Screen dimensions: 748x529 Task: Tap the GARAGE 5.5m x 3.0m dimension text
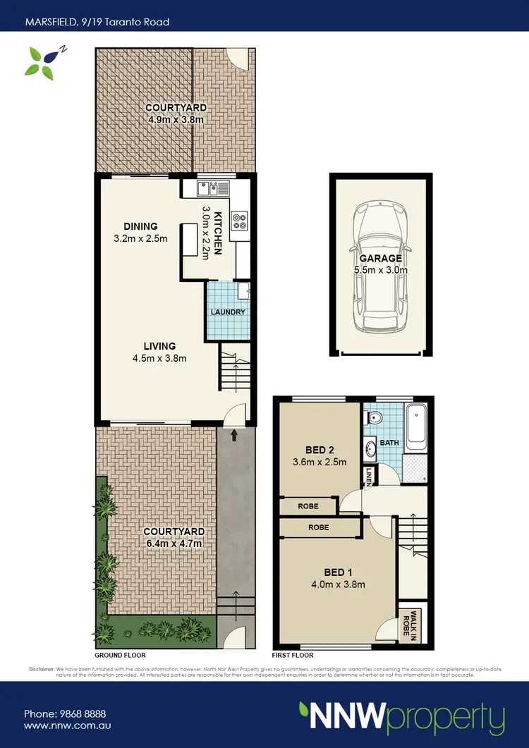coord(381,264)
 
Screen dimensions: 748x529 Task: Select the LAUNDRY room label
coord(227,312)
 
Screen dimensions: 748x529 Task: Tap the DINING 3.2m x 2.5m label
coord(140,232)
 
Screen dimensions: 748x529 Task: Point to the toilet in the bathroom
coord(375,418)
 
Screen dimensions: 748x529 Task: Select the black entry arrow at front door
coord(233,437)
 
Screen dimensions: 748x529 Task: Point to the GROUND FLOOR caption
coord(117,655)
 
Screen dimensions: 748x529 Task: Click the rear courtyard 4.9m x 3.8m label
coord(176,114)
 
